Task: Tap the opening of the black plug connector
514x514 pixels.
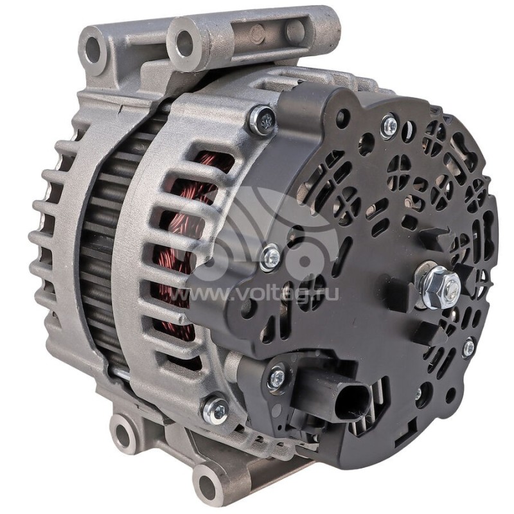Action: coord(352,402)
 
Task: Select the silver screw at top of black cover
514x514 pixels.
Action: coord(388,126)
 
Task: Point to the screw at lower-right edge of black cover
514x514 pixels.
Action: coord(468,348)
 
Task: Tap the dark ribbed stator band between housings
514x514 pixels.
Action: coord(96,257)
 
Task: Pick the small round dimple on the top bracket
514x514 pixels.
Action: coord(257,35)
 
